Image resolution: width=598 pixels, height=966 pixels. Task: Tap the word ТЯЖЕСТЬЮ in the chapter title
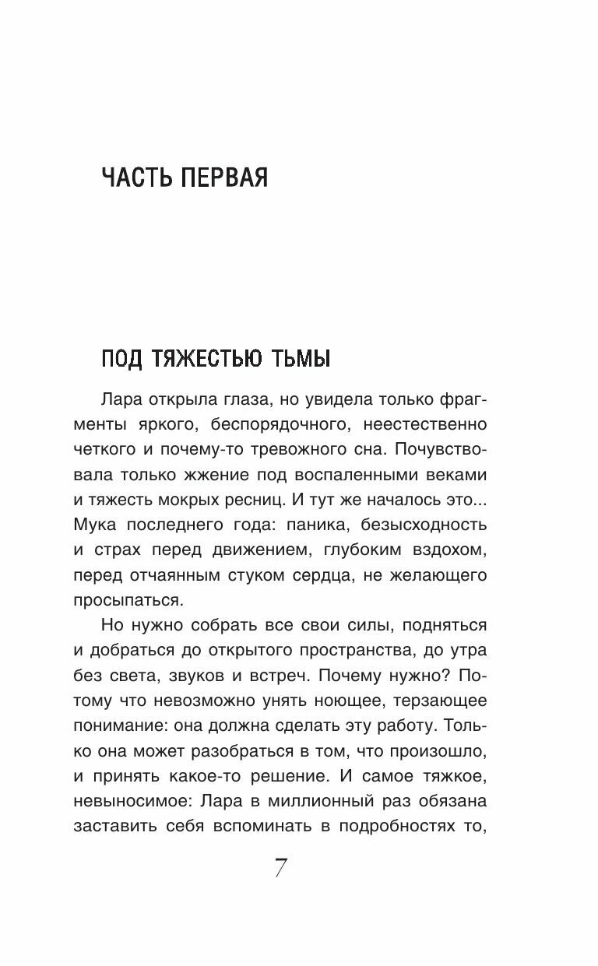[x=206, y=360]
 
